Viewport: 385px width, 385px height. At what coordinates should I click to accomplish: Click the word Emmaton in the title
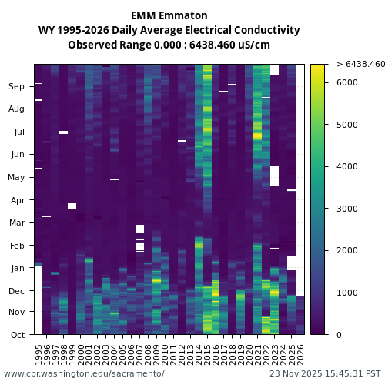pos(181,15)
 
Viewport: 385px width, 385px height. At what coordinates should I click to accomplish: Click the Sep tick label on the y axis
pos(16,86)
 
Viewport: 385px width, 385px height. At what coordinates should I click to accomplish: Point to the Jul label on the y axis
pos(18,132)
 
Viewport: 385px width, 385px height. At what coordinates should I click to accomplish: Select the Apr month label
pos(17,199)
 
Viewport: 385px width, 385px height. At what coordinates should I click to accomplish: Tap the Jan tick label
pos(17,268)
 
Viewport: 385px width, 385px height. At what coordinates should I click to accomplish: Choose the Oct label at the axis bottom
pos(17,335)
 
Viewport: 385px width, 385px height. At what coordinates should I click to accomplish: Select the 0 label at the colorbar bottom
pos(340,335)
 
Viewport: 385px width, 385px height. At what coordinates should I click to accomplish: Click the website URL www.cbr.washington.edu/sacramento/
pos(84,373)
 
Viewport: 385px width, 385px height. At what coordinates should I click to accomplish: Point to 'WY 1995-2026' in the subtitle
pos(73,30)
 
